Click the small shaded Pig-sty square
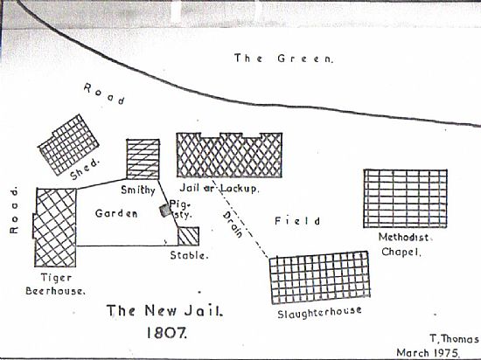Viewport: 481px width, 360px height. click(165, 211)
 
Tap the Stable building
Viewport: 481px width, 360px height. click(188, 236)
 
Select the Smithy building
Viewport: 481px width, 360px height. click(143, 159)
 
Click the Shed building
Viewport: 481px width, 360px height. click(68, 145)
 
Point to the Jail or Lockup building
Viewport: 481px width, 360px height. click(229, 155)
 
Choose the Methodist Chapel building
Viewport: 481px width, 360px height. click(405, 198)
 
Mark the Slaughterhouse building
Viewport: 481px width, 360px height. click(319, 277)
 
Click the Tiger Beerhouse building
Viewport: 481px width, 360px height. click(54, 227)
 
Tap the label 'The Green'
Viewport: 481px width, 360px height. click(283, 59)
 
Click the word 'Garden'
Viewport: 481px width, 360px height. click(116, 213)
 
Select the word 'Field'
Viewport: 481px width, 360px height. click(297, 221)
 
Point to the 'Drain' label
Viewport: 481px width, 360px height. click(233, 225)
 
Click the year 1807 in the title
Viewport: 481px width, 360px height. click(166, 333)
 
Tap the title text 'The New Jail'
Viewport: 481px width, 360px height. click(164, 311)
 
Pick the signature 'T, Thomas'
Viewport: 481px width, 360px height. click(454, 339)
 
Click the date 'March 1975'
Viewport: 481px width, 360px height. click(428, 353)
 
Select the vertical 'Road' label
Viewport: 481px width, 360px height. click(14, 211)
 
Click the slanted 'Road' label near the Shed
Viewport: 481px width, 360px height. click(104, 94)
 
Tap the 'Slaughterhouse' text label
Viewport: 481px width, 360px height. click(319, 313)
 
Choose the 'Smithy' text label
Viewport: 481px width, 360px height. click(138, 190)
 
